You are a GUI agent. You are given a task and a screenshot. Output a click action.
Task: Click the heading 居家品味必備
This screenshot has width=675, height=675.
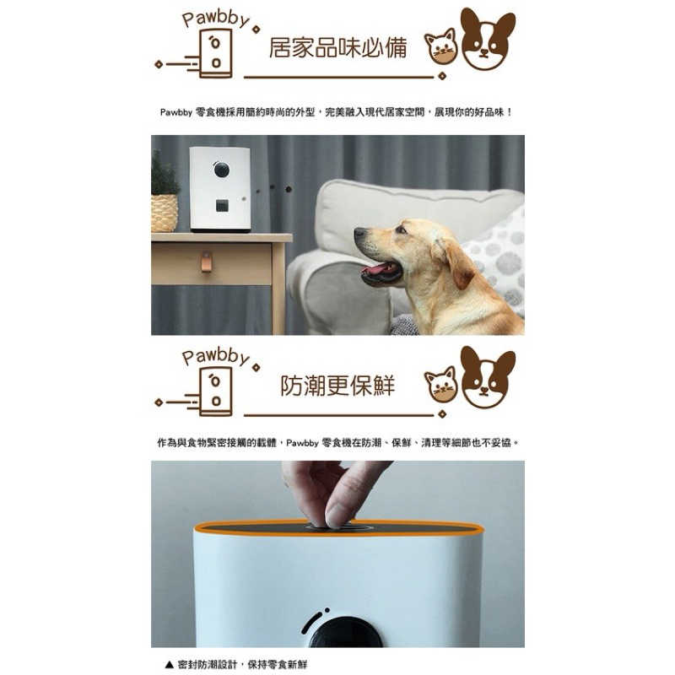click(338, 47)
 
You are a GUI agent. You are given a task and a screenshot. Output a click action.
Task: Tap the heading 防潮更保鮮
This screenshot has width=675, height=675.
click(338, 386)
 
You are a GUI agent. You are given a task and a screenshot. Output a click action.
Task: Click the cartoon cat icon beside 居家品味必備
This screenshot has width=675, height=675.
click(440, 46)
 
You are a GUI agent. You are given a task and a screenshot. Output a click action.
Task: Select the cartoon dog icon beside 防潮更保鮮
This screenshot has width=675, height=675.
click(488, 377)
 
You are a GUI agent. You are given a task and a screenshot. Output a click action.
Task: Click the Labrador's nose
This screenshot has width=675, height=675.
click(358, 233)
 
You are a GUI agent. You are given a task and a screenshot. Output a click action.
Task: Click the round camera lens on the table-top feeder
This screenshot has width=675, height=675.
click(222, 170)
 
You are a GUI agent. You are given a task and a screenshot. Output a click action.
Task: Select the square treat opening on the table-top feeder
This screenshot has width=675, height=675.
click(222, 206)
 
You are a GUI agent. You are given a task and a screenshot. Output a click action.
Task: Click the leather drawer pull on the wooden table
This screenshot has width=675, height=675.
click(207, 262)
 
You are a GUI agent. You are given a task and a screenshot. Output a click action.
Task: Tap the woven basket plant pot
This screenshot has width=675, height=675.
click(164, 213)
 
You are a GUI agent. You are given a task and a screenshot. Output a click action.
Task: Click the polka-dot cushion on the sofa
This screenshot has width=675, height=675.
click(499, 258)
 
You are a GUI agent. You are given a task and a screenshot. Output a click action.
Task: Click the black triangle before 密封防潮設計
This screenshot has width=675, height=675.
click(170, 664)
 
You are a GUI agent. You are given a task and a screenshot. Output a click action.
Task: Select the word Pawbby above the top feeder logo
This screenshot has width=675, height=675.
click(215, 19)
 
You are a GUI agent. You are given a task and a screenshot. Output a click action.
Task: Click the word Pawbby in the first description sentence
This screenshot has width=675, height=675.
click(176, 112)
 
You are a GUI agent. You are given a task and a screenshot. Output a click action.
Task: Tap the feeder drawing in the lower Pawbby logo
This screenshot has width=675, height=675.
click(216, 391)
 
